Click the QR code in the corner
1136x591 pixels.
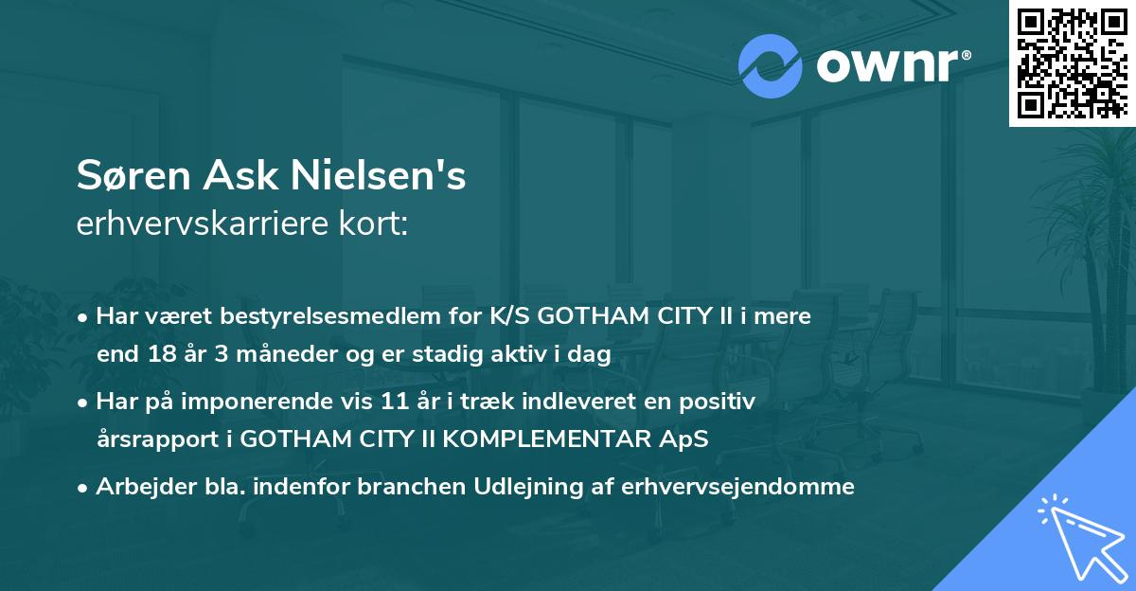point(1072,63)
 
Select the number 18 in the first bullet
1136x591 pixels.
point(154,355)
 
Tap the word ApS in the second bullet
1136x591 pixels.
point(685,440)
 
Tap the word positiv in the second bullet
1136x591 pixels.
point(722,402)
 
